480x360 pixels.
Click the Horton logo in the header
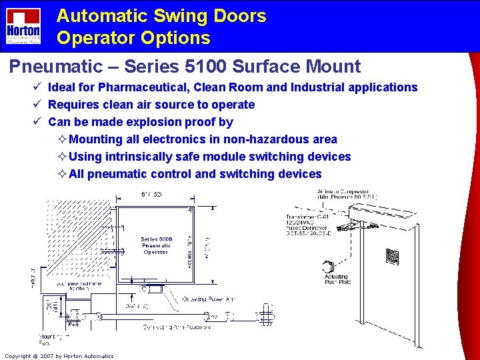[x=23, y=27]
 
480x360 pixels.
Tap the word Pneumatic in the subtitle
[x=51, y=67]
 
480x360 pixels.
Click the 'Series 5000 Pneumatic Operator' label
[x=156, y=245]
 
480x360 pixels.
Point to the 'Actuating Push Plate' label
[x=336, y=279]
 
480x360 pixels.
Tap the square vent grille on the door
[x=392, y=257]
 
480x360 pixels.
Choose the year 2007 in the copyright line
[x=46, y=356]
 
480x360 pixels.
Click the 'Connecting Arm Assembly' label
[x=177, y=327]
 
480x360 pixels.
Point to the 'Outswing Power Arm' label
[x=207, y=299]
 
